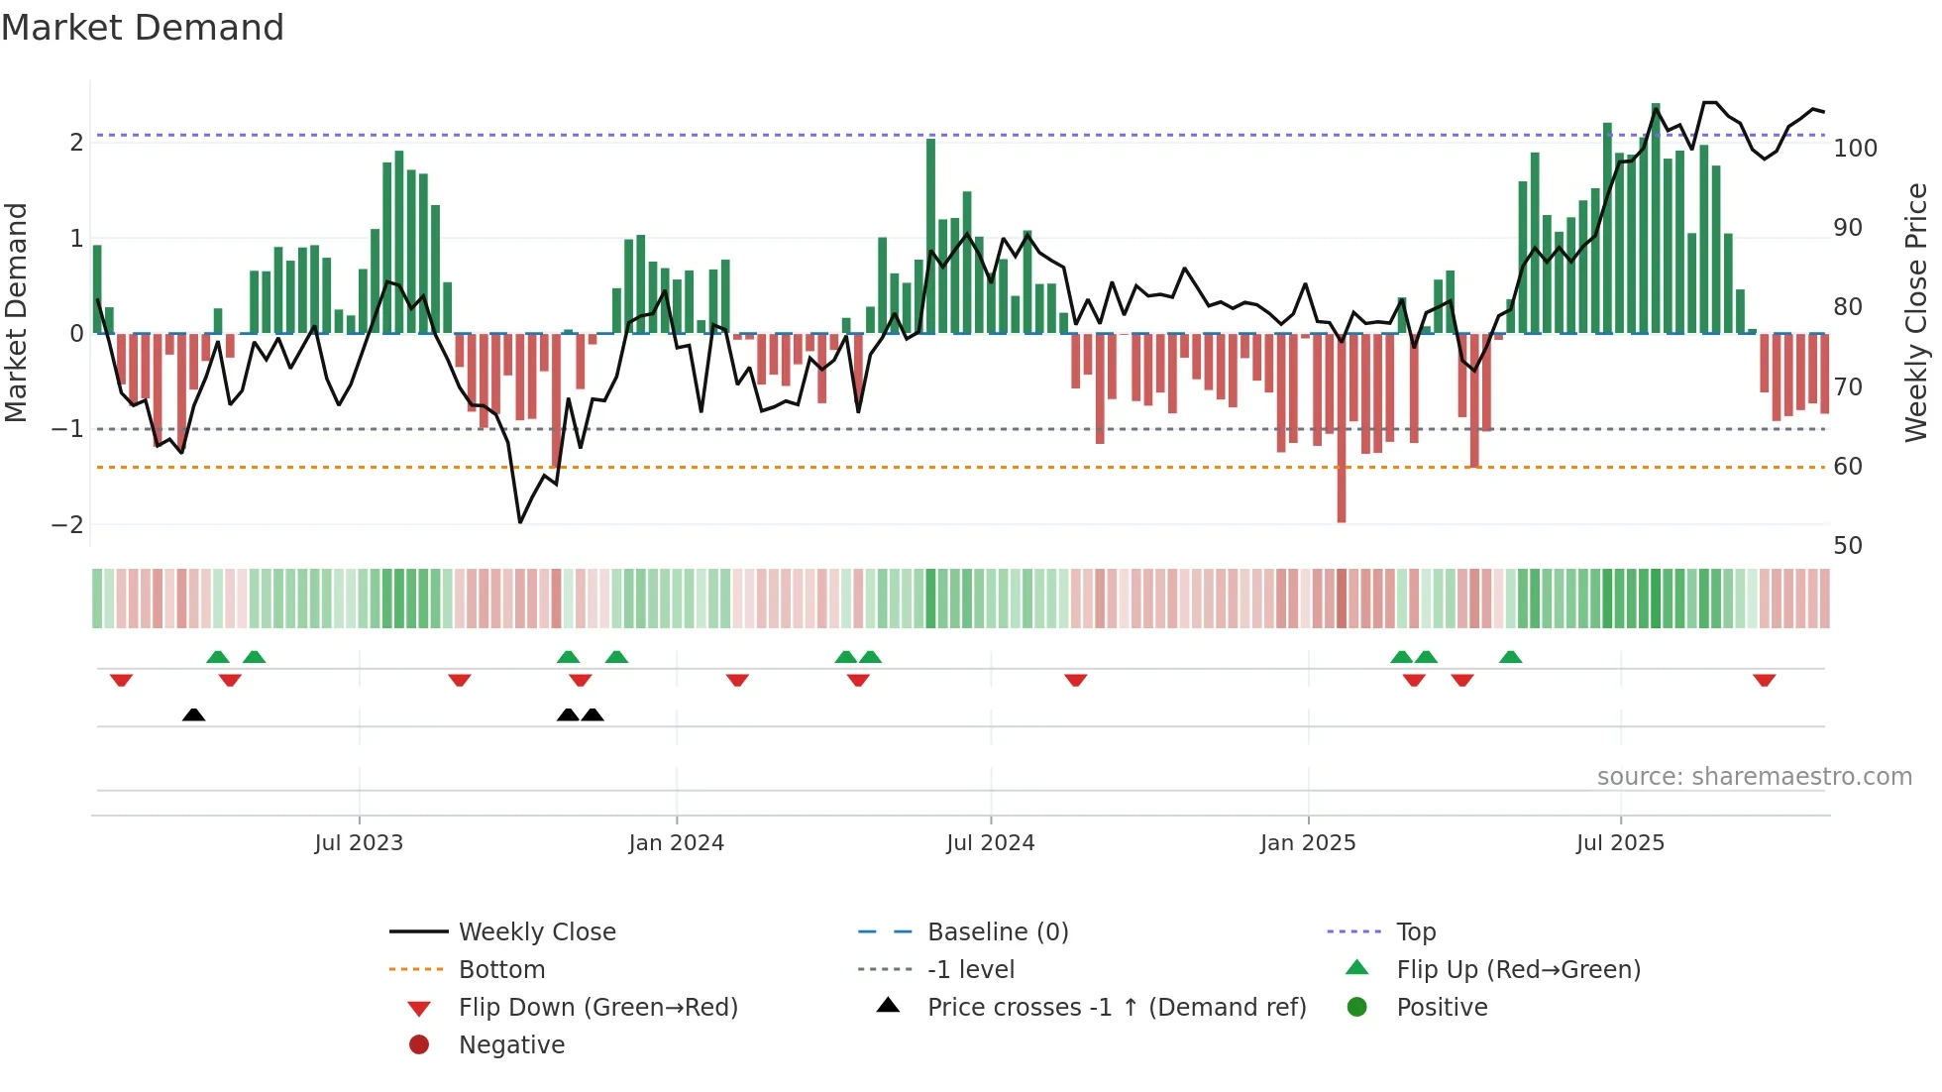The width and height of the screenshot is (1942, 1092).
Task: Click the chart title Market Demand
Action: coord(143,28)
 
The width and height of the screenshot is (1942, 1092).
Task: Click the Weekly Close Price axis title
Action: coord(1916,312)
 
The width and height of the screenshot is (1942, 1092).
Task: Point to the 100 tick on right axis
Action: coord(1855,149)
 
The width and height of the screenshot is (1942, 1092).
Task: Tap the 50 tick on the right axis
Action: coord(1848,546)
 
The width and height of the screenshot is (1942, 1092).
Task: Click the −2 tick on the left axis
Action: coord(67,525)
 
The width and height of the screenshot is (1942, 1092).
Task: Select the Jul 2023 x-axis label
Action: coord(359,843)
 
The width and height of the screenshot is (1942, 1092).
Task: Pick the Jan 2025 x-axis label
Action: coord(1308,843)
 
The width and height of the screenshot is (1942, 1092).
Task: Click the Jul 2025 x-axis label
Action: coord(1620,843)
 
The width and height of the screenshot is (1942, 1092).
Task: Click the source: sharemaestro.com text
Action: coord(1754,777)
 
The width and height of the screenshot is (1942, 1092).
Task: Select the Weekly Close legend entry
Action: coord(536,932)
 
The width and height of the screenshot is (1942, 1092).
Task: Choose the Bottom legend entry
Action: coord(501,970)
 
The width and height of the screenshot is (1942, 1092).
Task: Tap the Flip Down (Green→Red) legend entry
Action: coord(597,1008)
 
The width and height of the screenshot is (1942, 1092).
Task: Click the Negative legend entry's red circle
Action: coord(419,1045)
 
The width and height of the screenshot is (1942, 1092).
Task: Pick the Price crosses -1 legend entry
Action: coord(1116,1008)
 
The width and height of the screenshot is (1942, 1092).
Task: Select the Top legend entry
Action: coord(1416,932)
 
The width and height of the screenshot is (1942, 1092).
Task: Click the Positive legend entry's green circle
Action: coord(1357,1008)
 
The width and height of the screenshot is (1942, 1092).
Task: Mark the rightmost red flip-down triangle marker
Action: coord(1764,680)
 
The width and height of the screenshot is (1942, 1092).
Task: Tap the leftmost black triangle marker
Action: coord(194,715)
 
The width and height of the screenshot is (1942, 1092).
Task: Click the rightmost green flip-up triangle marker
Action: coord(1510,657)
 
